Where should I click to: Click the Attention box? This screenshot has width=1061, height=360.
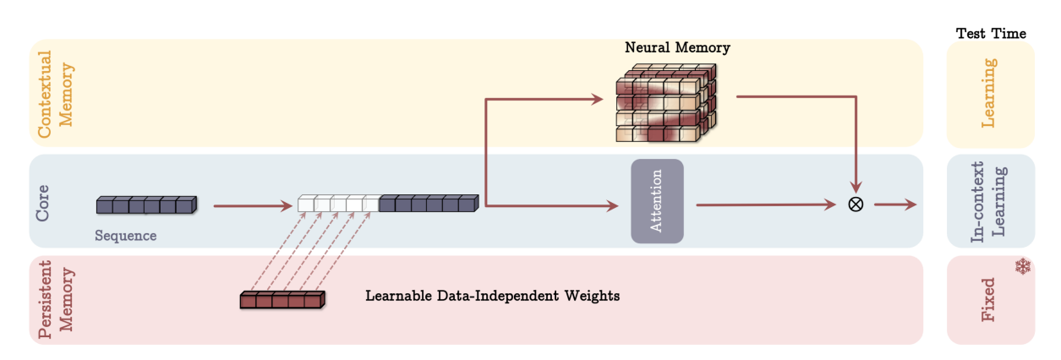click(x=656, y=201)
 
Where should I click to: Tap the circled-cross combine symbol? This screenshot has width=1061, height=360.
click(x=855, y=205)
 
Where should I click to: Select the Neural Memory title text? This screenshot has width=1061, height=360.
click(x=677, y=48)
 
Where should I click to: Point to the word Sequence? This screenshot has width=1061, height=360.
click(x=125, y=235)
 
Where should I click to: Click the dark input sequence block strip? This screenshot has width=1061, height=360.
click(x=146, y=205)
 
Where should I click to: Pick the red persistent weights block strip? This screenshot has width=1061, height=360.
click(x=282, y=299)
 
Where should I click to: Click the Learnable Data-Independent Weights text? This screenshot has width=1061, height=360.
click(x=493, y=297)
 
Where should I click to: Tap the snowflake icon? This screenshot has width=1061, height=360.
click(x=1023, y=267)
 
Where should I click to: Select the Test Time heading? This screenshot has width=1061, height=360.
click(x=991, y=34)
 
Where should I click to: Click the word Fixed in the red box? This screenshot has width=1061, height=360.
click(x=989, y=301)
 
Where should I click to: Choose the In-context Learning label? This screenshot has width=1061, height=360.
click(x=989, y=201)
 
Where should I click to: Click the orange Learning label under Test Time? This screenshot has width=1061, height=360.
click(x=989, y=93)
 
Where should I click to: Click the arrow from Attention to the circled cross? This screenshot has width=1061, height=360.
click(x=765, y=205)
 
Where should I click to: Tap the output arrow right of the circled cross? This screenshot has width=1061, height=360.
click(x=896, y=205)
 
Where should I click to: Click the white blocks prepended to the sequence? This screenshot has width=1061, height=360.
click(x=338, y=204)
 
